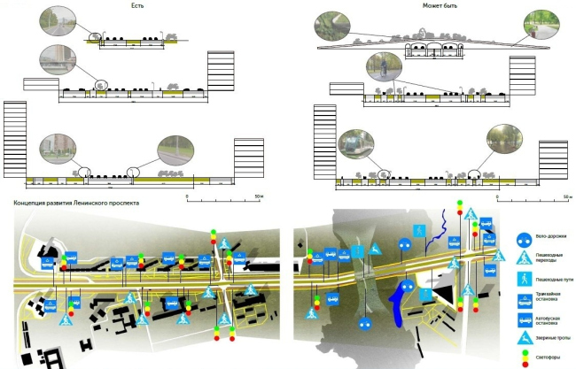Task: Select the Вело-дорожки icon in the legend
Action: pyautogui.click(x=525, y=238)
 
